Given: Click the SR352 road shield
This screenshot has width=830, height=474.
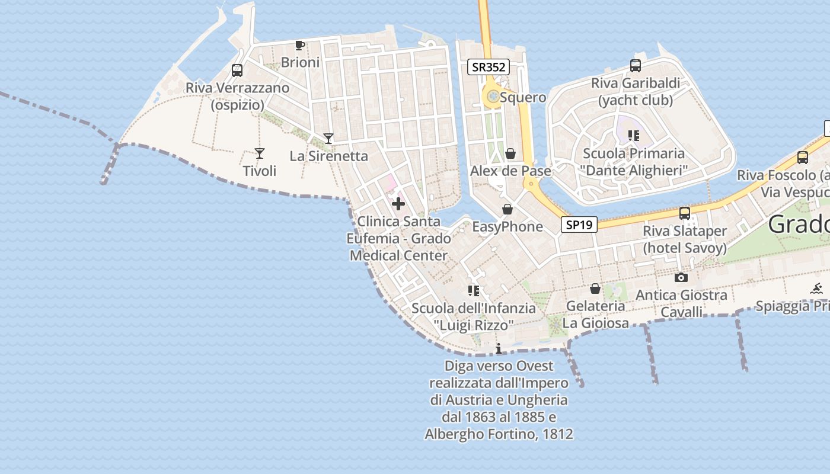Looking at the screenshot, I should coord(489,67).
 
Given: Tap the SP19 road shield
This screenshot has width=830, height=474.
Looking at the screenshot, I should coord(579,225).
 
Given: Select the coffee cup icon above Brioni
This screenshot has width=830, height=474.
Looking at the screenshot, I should coord(300,46).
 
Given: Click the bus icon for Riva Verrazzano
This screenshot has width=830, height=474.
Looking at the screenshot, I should coord(237,71).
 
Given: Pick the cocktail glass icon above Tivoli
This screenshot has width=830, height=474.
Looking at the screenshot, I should coord(260,153).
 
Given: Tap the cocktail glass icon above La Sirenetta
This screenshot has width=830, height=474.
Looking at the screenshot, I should coord(328,139).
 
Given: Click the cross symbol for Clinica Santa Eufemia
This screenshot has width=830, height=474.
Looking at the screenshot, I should coord(398,204).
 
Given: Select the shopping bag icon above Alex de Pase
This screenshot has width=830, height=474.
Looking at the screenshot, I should coord(510,154).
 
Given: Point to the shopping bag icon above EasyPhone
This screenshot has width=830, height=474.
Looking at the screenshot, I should coord(507,209).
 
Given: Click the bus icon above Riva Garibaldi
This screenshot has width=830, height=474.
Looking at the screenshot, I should coord(636,66).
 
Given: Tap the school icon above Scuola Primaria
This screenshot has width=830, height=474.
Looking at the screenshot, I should coord(634,136).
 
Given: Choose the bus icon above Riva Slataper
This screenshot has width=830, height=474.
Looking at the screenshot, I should coord(685,213).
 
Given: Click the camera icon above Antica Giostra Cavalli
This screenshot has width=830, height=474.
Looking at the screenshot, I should coord(681,277).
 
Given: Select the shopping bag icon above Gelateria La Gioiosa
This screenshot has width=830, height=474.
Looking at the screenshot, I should coord(595,289).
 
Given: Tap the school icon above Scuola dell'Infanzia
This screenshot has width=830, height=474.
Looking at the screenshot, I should coord(473,290).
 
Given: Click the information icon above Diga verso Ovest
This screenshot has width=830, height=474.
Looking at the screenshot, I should coord(499,348).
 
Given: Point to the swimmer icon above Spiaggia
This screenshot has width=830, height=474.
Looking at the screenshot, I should coord(816,289).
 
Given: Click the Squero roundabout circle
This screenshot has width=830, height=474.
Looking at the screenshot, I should coord(491,96).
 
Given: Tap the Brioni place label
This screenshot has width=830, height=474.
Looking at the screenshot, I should coord(300,62).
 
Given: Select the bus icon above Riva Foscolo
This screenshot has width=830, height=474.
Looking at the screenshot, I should coord(803,158).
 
